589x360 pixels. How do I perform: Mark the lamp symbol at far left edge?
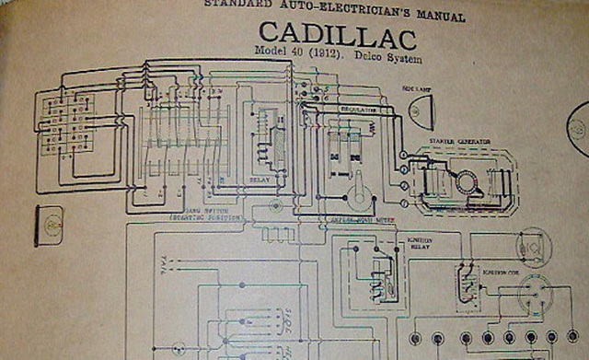[x=48, y=226]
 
